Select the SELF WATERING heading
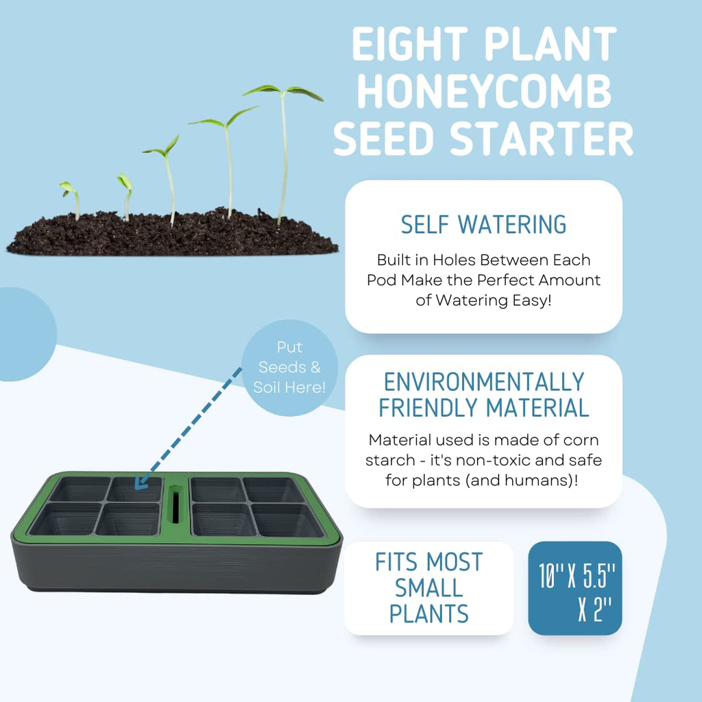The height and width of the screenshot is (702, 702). pyautogui.click(x=483, y=224)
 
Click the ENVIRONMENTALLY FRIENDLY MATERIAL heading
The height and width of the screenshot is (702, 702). pyautogui.click(x=483, y=394)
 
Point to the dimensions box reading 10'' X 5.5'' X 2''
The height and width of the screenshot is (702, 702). pyautogui.click(x=574, y=588)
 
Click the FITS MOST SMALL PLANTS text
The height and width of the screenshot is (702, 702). pyautogui.click(x=428, y=588)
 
